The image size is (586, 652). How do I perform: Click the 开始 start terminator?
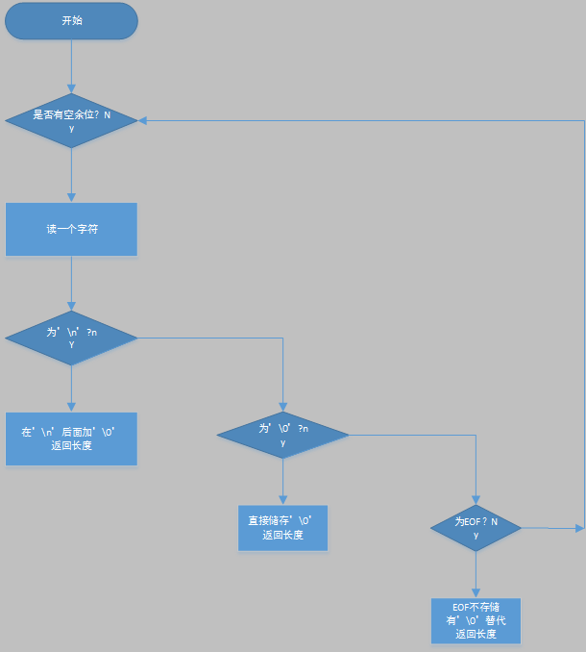pyautogui.click(x=71, y=21)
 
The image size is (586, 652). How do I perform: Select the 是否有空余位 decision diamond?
pyautogui.click(x=71, y=120)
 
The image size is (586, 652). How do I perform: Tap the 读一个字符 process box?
pyautogui.click(x=71, y=229)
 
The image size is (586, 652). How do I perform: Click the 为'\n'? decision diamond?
pyautogui.click(x=71, y=338)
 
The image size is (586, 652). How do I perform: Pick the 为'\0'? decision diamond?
pyautogui.click(x=282, y=435)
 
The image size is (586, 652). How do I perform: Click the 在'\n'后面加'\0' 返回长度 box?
pyautogui.click(x=71, y=439)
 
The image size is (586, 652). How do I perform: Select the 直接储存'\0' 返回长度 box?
pyautogui.click(x=282, y=528)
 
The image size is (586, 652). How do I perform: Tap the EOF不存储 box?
pyautogui.click(x=476, y=620)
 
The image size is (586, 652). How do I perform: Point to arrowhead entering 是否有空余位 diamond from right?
pyautogui.click(x=142, y=120)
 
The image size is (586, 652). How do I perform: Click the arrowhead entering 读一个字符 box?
pyautogui.click(x=71, y=197)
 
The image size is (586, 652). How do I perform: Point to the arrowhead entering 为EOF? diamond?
pyautogui.click(x=476, y=497)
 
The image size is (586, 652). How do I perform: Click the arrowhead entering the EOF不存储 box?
pyautogui.click(x=476, y=592)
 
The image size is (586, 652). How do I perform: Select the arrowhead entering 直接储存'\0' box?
pyautogui.click(x=282, y=500)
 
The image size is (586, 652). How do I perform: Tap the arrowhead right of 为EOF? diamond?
pyautogui.click(x=579, y=527)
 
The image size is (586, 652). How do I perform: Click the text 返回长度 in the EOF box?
pyautogui.click(x=476, y=634)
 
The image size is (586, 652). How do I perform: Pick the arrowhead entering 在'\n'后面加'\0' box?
pyautogui.click(x=71, y=407)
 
